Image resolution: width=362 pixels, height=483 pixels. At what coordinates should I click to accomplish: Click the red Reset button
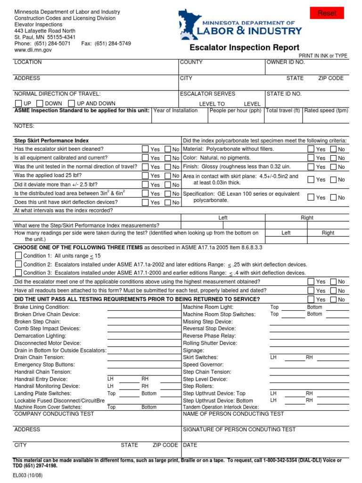[x=327, y=13]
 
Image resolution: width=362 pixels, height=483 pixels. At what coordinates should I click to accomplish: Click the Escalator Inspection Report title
[x=244, y=48]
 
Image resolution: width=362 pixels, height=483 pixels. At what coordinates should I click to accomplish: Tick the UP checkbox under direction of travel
[x=18, y=103]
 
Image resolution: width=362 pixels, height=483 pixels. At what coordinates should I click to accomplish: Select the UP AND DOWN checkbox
[x=72, y=103]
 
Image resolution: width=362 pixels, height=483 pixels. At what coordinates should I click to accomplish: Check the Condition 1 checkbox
[x=18, y=255]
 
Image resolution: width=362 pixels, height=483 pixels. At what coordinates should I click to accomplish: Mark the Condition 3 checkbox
[x=18, y=273]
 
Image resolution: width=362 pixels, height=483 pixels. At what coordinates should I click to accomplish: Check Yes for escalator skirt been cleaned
[x=146, y=149]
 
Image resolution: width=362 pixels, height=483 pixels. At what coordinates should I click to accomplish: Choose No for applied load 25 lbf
[x=168, y=175]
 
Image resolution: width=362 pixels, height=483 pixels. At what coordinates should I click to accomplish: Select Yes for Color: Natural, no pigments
[x=311, y=158]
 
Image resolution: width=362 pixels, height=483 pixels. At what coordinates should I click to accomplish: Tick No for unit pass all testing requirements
[x=333, y=299]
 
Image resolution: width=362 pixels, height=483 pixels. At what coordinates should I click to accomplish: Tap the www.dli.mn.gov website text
[x=33, y=50]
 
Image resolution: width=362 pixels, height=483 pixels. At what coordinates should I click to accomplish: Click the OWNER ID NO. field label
[x=286, y=62]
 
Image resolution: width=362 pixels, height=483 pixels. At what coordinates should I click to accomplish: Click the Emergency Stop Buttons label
[x=44, y=365]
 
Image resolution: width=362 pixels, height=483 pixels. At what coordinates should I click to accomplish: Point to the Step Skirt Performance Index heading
[x=51, y=141]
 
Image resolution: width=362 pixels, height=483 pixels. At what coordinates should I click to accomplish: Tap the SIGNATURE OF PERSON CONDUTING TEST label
[x=239, y=429]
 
